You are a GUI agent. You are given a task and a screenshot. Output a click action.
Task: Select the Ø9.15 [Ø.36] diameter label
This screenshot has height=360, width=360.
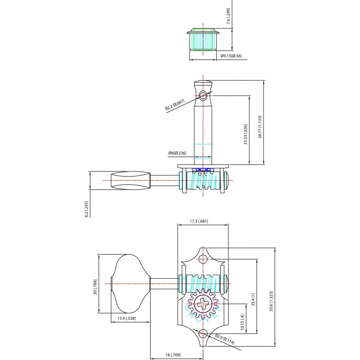(x=231, y=56)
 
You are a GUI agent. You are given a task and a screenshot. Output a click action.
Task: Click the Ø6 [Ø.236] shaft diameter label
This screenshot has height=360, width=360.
(x=177, y=153)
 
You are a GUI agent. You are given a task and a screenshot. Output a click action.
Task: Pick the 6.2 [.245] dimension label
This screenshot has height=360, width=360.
(x=86, y=209)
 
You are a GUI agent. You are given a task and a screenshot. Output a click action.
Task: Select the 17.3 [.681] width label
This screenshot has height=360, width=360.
(x=199, y=221)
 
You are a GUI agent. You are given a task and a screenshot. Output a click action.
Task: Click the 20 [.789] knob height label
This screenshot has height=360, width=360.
(x=95, y=287)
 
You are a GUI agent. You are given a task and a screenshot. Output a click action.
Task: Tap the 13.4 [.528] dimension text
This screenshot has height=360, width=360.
(x=126, y=318)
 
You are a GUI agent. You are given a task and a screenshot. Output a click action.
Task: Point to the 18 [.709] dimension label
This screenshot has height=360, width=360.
(x=173, y=355)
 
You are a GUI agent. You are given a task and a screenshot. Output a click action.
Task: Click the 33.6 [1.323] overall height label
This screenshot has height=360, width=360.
(x=271, y=301)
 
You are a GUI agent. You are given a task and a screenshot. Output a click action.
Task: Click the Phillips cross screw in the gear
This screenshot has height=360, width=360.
(x=203, y=304)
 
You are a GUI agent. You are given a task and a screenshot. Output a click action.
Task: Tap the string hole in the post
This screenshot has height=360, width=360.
(x=203, y=95)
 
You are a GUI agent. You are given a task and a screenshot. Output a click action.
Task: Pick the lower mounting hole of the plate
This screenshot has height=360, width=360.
(x=203, y=333)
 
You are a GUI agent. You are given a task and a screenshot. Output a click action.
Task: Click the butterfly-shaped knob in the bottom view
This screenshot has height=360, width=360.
(x=130, y=283)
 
